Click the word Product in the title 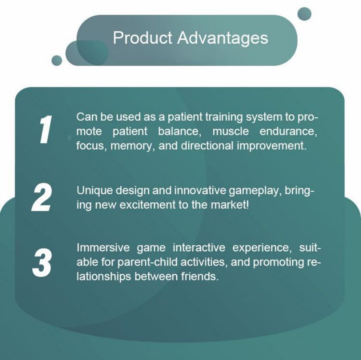click(x=143, y=37)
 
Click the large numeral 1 click(x=45, y=129)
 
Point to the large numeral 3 click(x=42, y=262)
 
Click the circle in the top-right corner click(x=304, y=14)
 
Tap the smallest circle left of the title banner click(x=57, y=60)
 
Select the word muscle click(x=230, y=131)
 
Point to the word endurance click(x=288, y=131)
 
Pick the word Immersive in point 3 click(x=103, y=248)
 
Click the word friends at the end click(x=199, y=277)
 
